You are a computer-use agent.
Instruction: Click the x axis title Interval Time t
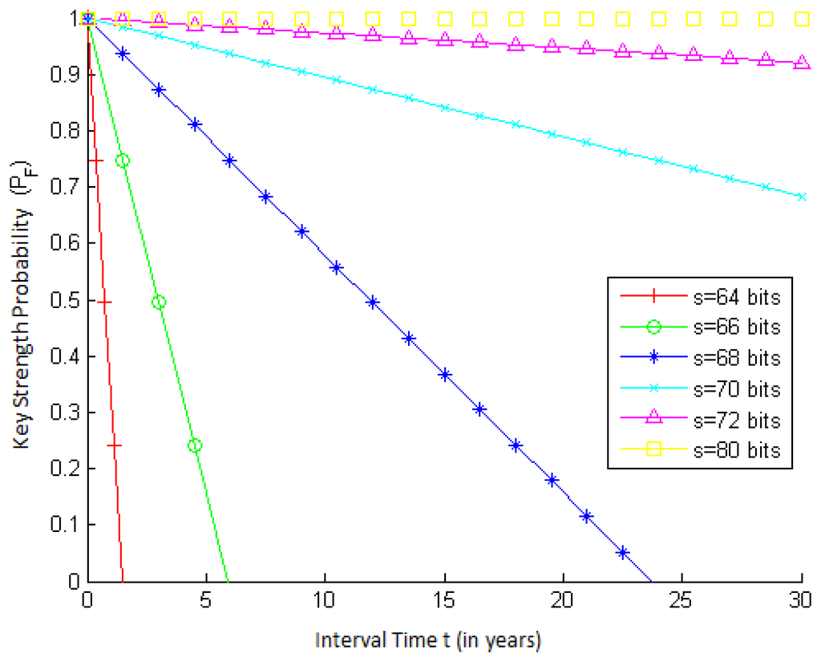428,640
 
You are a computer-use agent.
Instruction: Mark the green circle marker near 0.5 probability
158,303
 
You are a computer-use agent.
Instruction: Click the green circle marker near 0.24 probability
194,445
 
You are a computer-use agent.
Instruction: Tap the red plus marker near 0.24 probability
114,445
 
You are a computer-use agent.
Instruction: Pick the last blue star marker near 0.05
622,552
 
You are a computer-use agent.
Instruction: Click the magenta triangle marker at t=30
801,63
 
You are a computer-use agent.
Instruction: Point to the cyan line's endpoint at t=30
801,197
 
